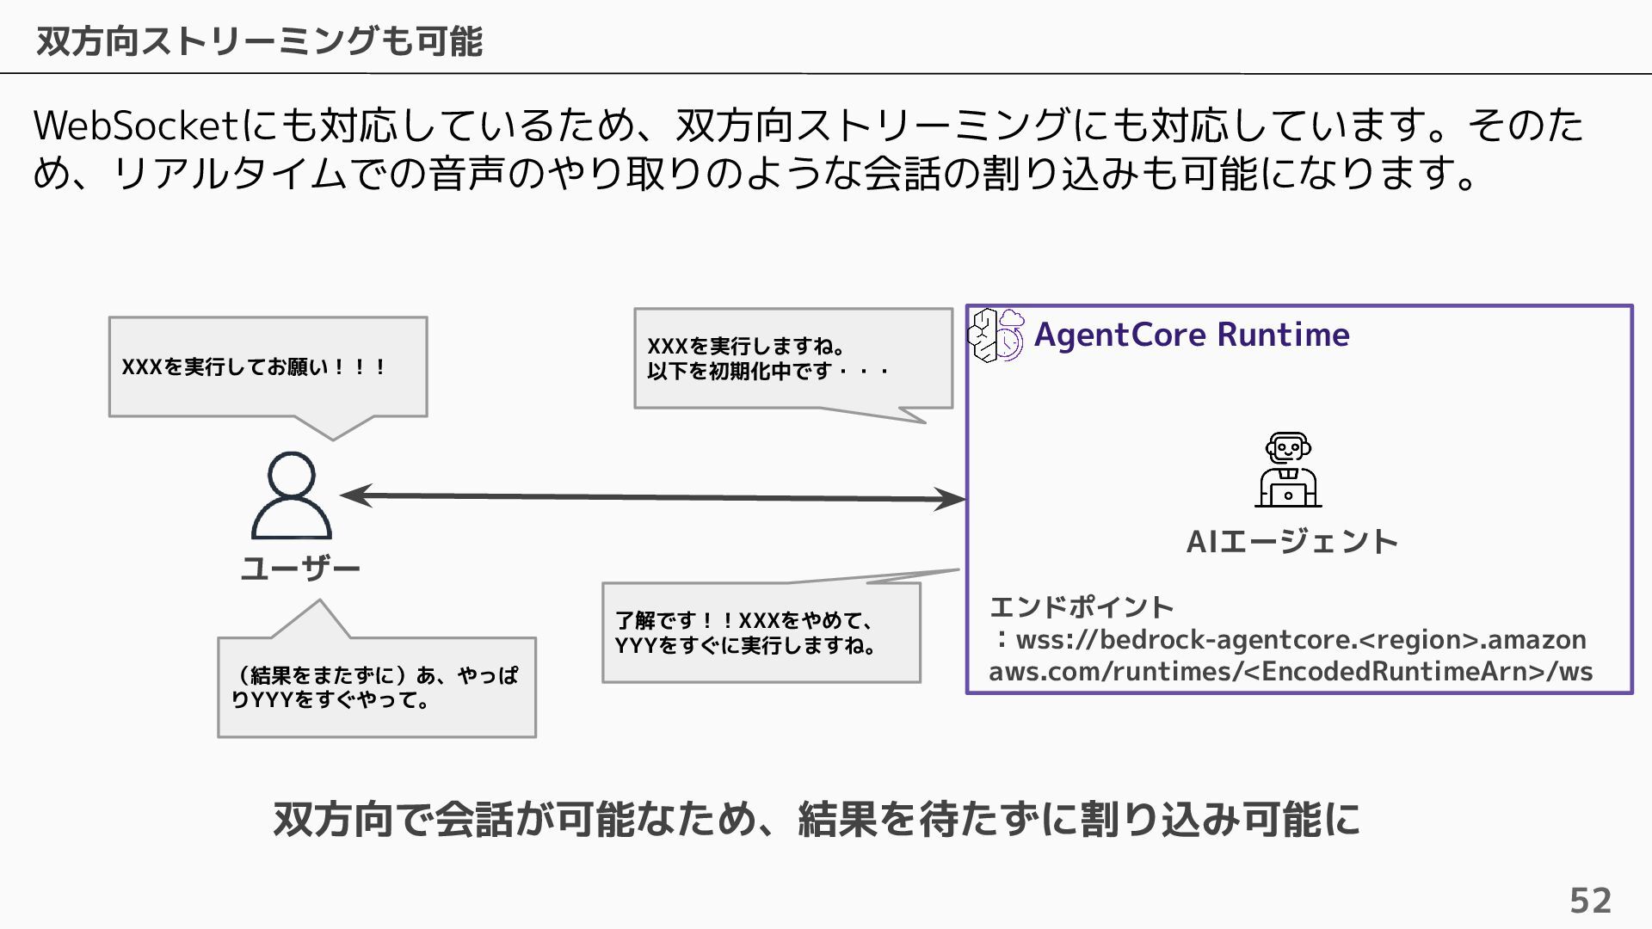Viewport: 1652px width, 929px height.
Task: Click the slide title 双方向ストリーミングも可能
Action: point(259,40)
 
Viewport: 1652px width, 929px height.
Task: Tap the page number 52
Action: point(1590,901)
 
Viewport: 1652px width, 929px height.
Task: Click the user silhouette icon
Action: point(292,495)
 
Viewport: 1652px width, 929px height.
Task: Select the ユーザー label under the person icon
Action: point(299,569)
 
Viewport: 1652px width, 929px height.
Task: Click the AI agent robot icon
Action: point(1288,470)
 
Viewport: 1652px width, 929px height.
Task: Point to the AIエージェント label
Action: point(1291,542)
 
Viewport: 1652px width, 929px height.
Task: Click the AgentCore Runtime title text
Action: point(1192,335)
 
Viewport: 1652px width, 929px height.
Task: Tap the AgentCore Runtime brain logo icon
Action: point(996,335)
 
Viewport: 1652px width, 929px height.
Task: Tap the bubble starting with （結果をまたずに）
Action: point(377,687)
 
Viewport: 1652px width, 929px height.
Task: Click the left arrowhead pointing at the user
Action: point(356,495)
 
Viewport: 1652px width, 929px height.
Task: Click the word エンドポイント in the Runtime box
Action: point(1082,607)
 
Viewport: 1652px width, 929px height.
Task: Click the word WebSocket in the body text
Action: point(135,126)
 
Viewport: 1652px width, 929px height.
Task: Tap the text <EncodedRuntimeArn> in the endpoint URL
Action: point(1395,672)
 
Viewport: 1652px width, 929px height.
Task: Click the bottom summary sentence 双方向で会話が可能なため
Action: point(816,819)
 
